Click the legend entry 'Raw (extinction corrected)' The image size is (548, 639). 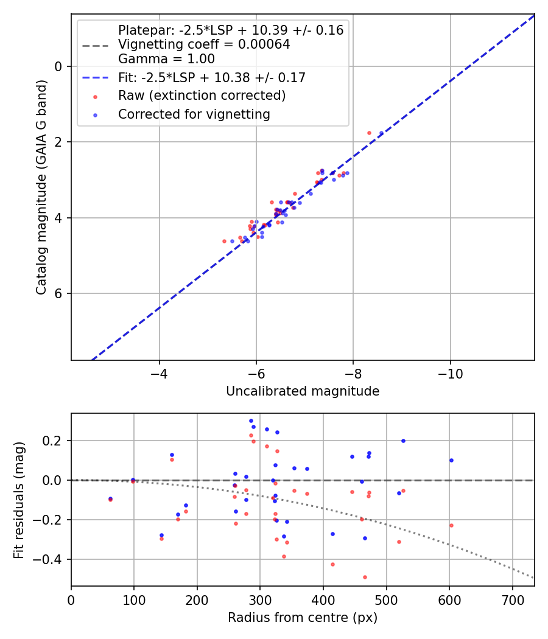(202, 96)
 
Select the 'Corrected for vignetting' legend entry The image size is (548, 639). (194, 114)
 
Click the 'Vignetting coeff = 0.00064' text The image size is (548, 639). (204, 44)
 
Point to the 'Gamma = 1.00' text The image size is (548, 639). (166, 59)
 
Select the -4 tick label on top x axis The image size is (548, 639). (159, 372)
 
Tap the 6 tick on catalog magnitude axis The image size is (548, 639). (59, 293)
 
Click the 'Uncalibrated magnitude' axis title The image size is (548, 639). (303, 391)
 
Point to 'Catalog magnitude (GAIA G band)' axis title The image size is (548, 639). (41, 187)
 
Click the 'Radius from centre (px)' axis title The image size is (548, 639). (303, 618)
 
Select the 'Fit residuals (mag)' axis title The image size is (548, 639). (19, 500)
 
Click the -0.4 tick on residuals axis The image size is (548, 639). (52, 559)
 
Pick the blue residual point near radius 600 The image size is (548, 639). (451, 460)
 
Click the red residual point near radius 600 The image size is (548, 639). (451, 525)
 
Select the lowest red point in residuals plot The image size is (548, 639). (365, 577)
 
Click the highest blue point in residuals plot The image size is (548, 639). (251, 421)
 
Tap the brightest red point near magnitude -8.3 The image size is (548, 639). (369, 133)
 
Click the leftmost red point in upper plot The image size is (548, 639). (224, 241)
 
